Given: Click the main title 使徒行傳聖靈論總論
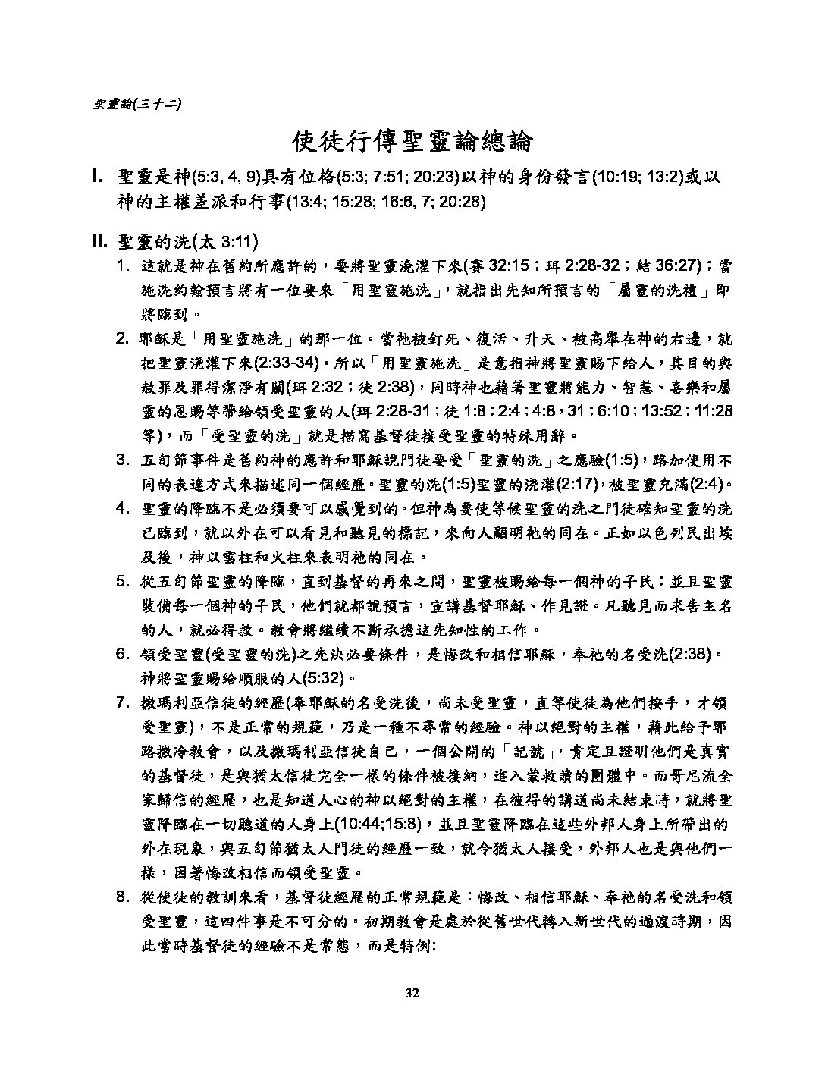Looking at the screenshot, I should [x=412, y=142].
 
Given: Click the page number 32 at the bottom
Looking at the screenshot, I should [x=412, y=994].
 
